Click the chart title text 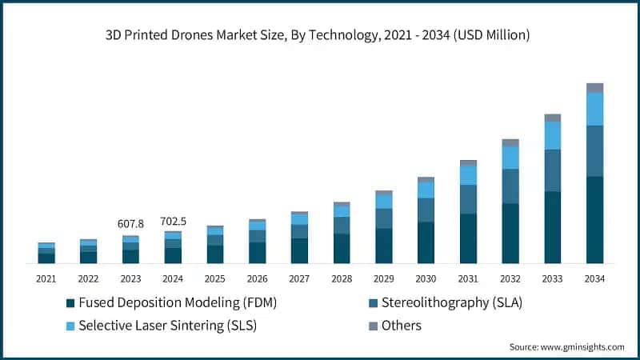pyautogui.click(x=320, y=35)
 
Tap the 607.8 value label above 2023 pyautogui.click(x=130, y=223)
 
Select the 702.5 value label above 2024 pyautogui.click(x=173, y=221)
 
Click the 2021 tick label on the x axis pyautogui.click(x=46, y=278)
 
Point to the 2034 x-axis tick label pyautogui.click(x=594, y=278)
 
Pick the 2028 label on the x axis pyautogui.click(x=342, y=278)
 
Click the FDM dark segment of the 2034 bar pyautogui.click(x=594, y=220)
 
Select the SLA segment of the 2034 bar pyautogui.click(x=594, y=150)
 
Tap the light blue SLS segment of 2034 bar pyautogui.click(x=594, y=109)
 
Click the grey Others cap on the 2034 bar pyautogui.click(x=594, y=88)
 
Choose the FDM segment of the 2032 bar pyautogui.click(x=510, y=233)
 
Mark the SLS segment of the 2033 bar pyautogui.click(x=553, y=135)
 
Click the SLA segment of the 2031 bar pyautogui.click(x=468, y=199)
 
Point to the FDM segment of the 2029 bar pyautogui.click(x=384, y=246)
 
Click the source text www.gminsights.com pyautogui.click(x=566, y=347)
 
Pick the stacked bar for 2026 pyautogui.click(x=257, y=241)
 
